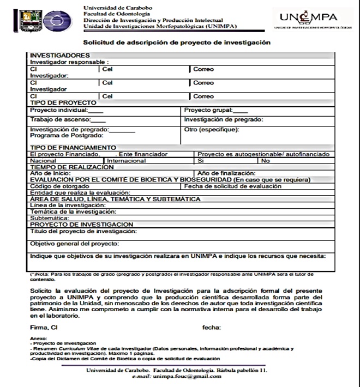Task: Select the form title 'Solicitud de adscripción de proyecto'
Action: (x=176, y=42)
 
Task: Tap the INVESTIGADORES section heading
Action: (x=59, y=55)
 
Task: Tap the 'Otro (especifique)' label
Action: (x=212, y=130)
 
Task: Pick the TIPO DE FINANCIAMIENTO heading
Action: (x=73, y=148)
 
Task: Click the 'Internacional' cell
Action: (x=127, y=161)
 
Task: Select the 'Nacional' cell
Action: (x=44, y=161)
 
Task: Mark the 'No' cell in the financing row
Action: (x=266, y=161)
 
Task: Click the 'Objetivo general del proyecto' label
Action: (x=75, y=244)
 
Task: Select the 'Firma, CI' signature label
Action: (x=44, y=328)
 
